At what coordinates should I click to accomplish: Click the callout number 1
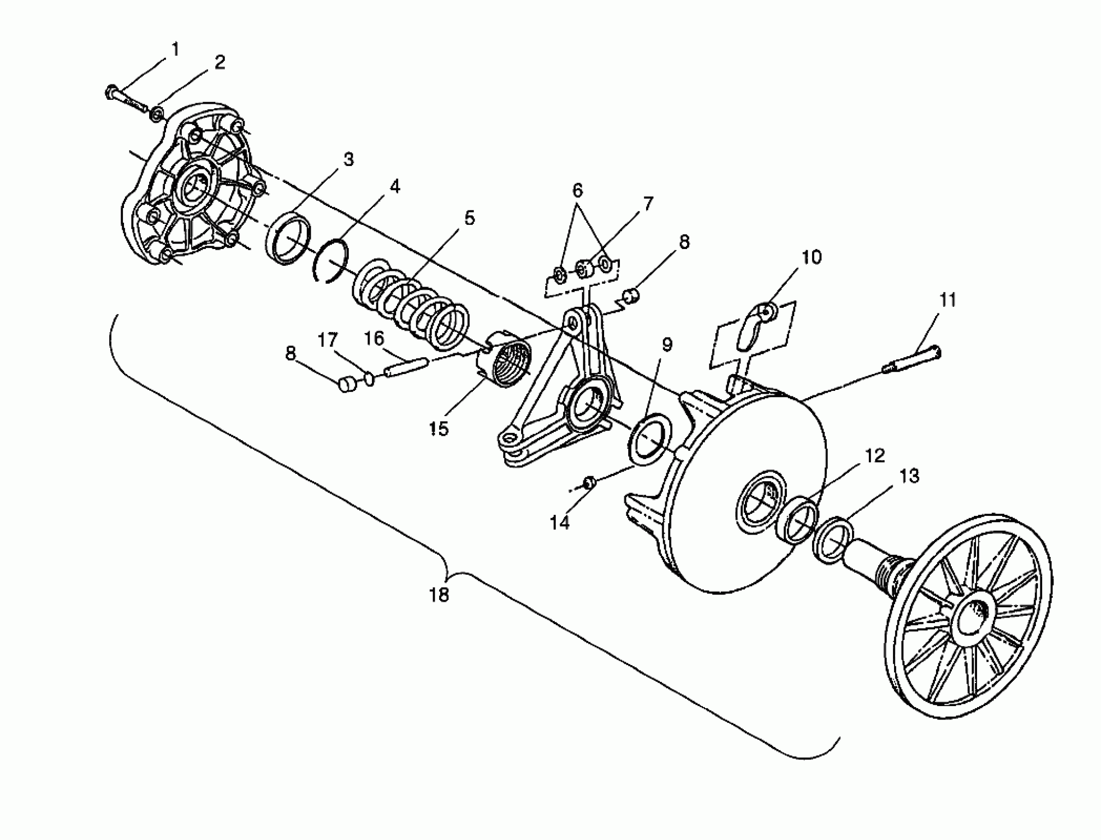[175, 49]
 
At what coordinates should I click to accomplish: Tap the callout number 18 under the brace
[439, 594]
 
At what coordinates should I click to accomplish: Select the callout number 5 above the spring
[469, 218]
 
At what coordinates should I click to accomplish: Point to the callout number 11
[947, 300]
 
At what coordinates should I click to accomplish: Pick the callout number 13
[909, 476]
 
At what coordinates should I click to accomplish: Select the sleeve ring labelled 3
[288, 238]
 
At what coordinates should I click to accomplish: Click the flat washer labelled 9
[649, 440]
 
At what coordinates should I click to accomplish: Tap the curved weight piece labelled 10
[755, 328]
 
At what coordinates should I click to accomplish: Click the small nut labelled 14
[589, 482]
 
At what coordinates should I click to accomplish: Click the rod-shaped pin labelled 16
[406, 370]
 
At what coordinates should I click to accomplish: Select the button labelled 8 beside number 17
[347, 385]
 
